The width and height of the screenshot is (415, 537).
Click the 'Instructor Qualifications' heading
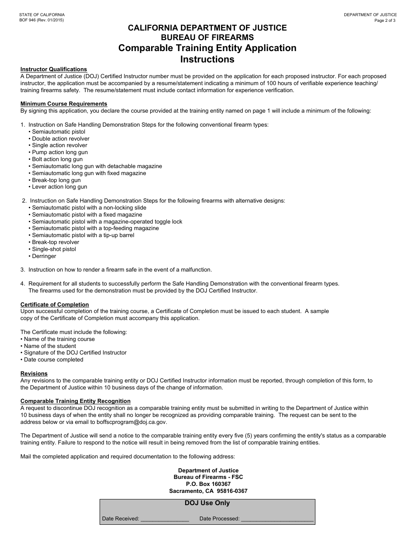click(x=54, y=69)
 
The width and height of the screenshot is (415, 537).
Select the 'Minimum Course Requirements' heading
click(x=64, y=104)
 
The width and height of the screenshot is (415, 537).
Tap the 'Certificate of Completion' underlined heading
click(x=55, y=305)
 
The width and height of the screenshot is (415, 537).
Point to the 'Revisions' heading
click(x=34, y=374)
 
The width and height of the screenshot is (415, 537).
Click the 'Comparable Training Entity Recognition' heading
click(x=76, y=401)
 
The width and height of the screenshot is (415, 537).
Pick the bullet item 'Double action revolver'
click(x=60, y=139)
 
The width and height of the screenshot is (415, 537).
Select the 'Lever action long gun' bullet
click(x=59, y=187)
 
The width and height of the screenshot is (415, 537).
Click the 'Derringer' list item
click(x=44, y=256)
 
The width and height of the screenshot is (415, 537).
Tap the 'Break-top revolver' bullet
click(x=55, y=242)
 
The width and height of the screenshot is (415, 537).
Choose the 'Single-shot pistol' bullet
click(x=54, y=249)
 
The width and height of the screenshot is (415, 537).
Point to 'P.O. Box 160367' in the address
click(x=208, y=484)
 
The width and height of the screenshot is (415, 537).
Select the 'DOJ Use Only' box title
click(x=207, y=503)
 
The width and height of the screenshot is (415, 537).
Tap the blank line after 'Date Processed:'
click(x=277, y=519)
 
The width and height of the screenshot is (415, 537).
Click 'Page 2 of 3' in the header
click(x=385, y=21)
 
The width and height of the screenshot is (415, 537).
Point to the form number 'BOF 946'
click(x=29, y=21)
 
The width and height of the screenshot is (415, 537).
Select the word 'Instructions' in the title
click(x=207, y=59)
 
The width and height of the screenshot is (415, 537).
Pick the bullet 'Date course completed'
click(x=53, y=360)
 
